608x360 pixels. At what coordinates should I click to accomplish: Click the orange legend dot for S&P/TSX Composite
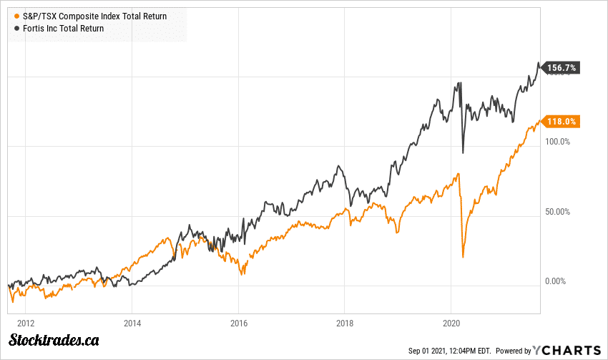pyautogui.click(x=17, y=15)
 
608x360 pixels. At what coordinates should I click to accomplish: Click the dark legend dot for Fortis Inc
pyautogui.click(x=17, y=29)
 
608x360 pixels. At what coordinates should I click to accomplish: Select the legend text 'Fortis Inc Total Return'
pyautogui.click(x=63, y=29)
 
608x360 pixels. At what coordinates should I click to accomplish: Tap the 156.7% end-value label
pyautogui.click(x=562, y=68)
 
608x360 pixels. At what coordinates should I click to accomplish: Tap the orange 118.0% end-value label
pyautogui.click(x=562, y=122)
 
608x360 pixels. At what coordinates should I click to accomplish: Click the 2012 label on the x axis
pyautogui.click(x=26, y=322)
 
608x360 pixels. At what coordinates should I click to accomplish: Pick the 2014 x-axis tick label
pyautogui.click(x=132, y=322)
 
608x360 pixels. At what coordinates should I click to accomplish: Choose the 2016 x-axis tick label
pyautogui.click(x=239, y=322)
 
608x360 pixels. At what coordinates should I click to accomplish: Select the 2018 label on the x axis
pyautogui.click(x=345, y=322)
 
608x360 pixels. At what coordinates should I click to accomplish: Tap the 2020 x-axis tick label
pyautogui.click(x=452, y=322)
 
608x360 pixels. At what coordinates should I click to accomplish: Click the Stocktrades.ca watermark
pyautogui.click(x=52, y=341)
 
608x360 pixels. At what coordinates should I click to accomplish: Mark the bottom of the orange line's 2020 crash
pyautogui.click(x=463, y=256)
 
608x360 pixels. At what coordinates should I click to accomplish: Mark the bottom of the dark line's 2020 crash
pyautogui.click(x=463, y=152)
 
